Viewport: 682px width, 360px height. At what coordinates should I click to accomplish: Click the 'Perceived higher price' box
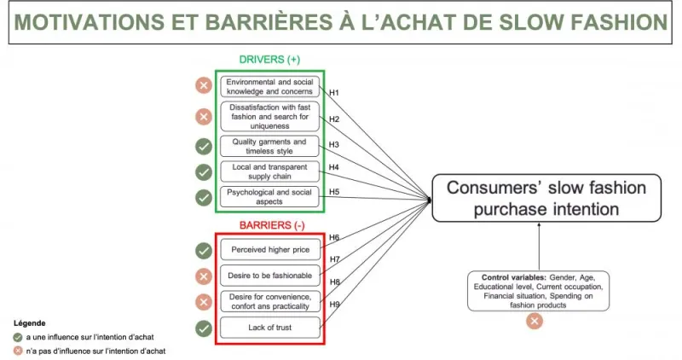[269, 250]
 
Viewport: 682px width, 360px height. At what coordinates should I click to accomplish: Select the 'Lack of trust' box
[269, 327]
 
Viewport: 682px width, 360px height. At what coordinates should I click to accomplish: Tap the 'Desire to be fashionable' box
[269, 276]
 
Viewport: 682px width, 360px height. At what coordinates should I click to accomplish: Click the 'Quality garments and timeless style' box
[269, 146]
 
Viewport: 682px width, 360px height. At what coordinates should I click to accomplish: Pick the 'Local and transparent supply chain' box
[269, 171]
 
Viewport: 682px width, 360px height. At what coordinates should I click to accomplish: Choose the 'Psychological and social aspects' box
[269, 197]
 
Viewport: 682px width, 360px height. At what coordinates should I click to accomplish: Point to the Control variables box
[534, 291]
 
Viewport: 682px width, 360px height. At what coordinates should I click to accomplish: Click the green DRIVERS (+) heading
[269, 60]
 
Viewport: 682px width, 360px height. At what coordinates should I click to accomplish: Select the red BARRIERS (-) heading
[269, 225]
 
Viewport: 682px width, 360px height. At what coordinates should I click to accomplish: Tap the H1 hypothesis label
[334, 92]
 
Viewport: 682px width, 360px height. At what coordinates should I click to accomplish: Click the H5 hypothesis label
[334, 192]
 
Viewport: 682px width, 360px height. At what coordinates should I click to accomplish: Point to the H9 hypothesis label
[334, 305]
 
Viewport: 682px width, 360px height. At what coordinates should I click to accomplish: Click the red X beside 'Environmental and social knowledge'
[204, 85]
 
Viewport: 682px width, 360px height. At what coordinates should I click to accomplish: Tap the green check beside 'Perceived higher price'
[204, 250]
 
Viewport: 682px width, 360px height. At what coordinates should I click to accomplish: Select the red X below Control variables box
[534, 322]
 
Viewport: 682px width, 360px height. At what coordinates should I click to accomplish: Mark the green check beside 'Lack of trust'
[204, 328]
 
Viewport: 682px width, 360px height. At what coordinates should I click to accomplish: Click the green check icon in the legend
[19, 338]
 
